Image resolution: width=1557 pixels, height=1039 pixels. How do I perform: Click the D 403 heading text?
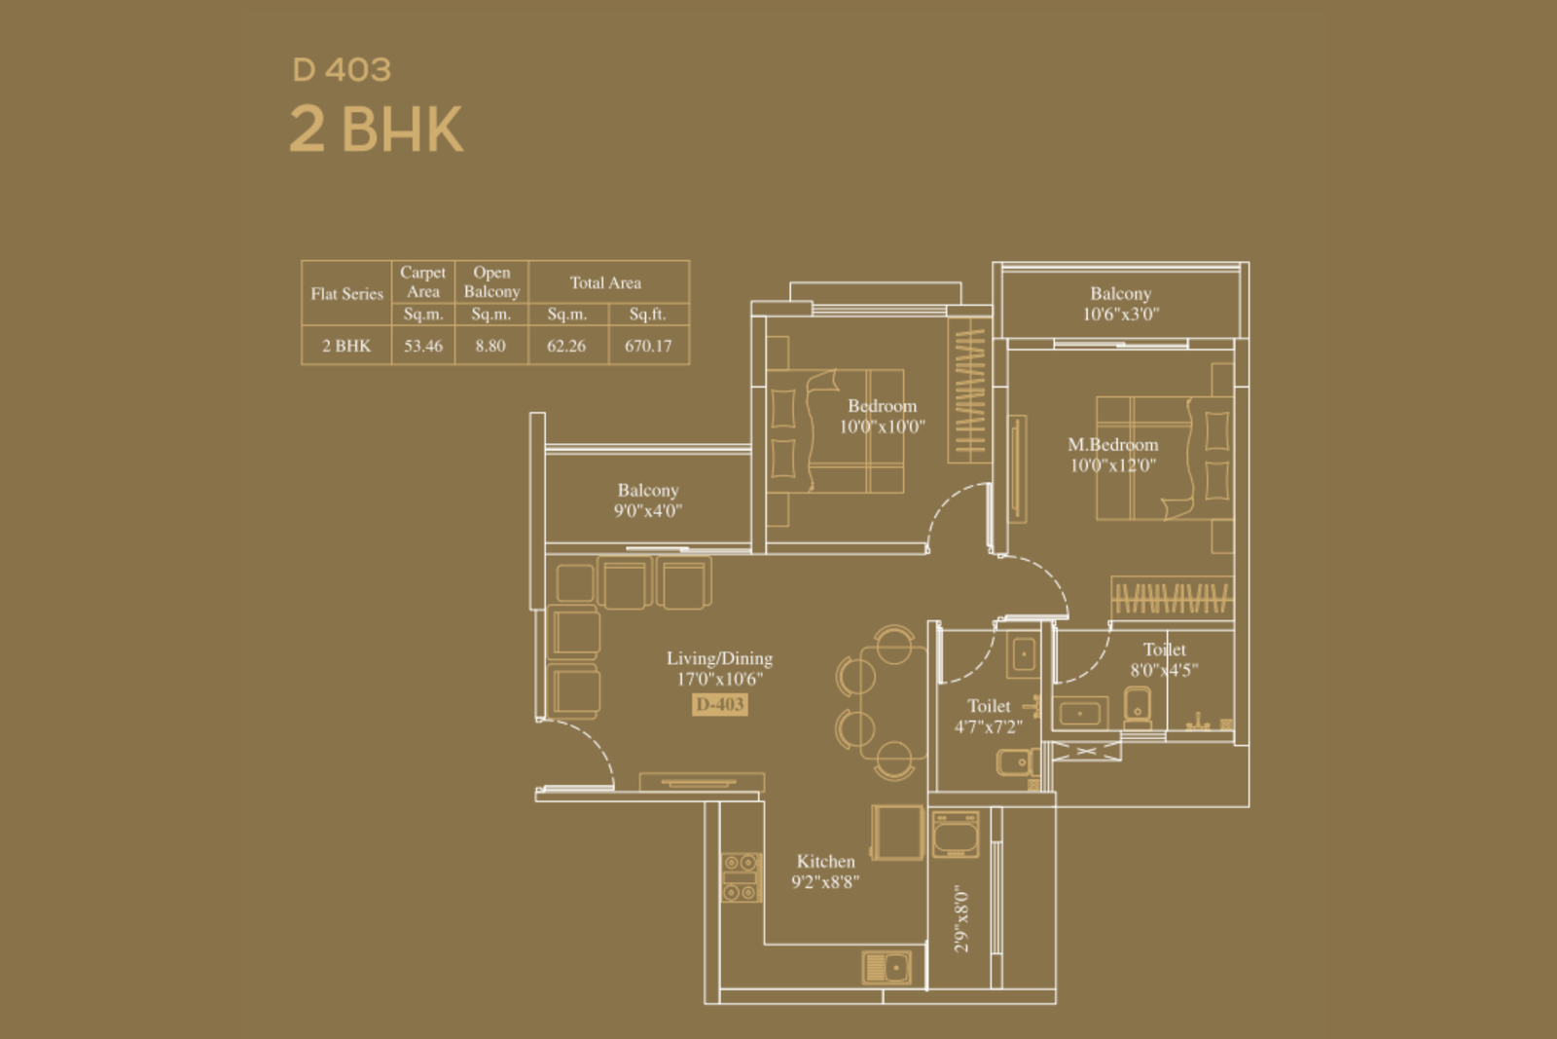pyautogui.click(x=342, y=70)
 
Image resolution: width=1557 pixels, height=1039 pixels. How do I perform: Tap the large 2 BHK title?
pyautogui.click(x=376, y=130)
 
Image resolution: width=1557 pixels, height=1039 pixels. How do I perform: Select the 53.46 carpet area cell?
pyautogui.click(x=423, y=346)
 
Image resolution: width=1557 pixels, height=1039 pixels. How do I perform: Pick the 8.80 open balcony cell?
pyautogui.click(x=490, y=346)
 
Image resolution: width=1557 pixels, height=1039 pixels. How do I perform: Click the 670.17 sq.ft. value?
pyautogui.click(x=648, y=346)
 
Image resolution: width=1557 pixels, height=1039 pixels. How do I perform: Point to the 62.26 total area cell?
pyautogui.click(x=566, y=346)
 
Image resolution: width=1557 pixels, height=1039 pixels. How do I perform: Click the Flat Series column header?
pyautogui.click(x=346, y=294)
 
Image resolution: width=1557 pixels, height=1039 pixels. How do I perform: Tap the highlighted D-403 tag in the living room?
pyautogui.click(x=720, y=704)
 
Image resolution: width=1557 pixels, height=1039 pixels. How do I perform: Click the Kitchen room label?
pyautogui.click(x=826, y=862)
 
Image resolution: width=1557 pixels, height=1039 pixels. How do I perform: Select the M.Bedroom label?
pyautogui.click(x=1113, y=445)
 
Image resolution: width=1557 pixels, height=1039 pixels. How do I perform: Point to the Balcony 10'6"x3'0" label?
pyautogui.click(x=1120, y=304)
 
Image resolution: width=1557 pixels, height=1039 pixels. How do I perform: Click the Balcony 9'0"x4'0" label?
pyautogui.click(x=648, y=501)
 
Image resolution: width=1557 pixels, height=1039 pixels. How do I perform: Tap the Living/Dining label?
pyautogui.click(x=719, y=658)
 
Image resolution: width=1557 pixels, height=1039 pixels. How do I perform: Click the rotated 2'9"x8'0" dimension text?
pyautogui.click(x=961, y=918)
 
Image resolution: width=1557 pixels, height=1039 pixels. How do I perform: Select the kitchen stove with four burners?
pyautogui.click(x=741, y=877)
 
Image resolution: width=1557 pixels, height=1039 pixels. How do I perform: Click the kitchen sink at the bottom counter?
pyautogui.click(x=887, y=967)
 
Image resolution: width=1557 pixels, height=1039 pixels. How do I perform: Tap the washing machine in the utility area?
pyautogui.click(x=956, y=834)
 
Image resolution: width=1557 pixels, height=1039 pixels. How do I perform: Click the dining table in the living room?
pyautogui.click(x=893, y=702)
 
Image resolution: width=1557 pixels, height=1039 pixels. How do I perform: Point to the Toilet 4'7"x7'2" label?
pyautogui.click(x=989, y=717)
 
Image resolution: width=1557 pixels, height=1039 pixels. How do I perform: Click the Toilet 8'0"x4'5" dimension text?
pyautogui.click(x=1164, y=670)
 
